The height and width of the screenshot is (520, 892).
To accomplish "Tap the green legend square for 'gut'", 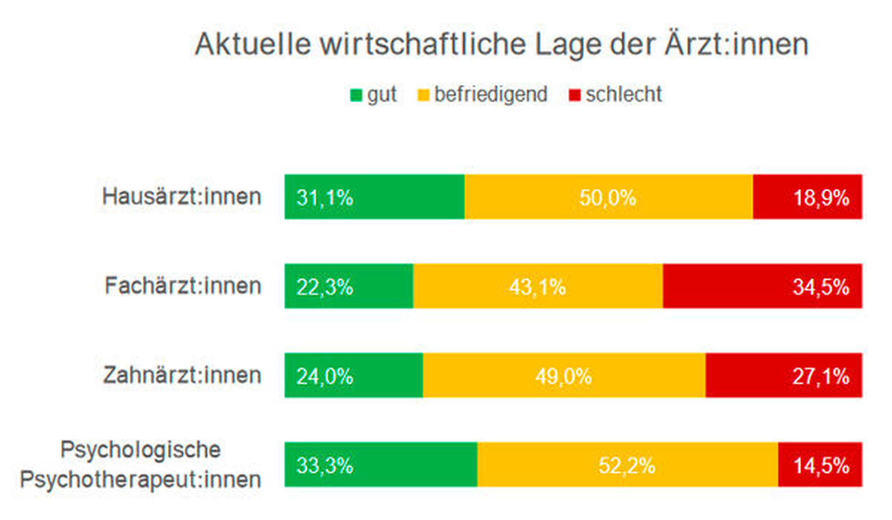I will (356, 95).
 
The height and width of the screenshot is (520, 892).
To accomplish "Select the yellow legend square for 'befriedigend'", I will (423, 95).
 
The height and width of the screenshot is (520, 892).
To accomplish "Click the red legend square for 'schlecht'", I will (575, 95).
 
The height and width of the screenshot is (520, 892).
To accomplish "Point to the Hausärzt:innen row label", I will (182, 197).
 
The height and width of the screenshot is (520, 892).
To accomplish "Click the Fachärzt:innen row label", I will (183, 286).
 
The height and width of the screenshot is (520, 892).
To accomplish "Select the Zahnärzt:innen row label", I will (182, 375).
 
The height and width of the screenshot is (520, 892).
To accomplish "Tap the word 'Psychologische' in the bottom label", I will (140, 450).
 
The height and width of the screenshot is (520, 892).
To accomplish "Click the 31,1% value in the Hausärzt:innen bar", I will (324, 198).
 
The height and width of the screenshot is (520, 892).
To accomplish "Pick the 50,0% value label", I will (607, 198).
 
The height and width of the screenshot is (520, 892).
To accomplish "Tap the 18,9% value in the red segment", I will (821, 198).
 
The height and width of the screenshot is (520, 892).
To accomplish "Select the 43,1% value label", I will (538, 287).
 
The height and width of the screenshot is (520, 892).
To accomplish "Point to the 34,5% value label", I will (821, 287).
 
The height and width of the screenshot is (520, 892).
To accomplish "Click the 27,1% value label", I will (821, 376).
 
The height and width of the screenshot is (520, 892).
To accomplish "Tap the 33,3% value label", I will (324, 466).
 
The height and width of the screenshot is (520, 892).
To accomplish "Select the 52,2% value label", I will (627, 466).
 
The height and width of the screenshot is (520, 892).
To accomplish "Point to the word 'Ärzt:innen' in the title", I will (736, 45).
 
